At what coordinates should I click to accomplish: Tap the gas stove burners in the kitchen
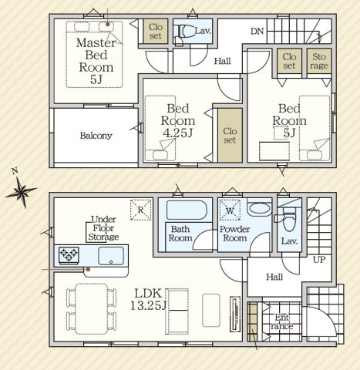[x=69, y=255]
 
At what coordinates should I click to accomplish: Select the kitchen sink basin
[x=111, y=256]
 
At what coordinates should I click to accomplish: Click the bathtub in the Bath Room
[x=187, y=210]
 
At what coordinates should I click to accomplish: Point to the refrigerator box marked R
[x=140, y=210]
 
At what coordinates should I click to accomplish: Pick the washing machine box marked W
[x=230, y=210]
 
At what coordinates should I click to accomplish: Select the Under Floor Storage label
[x=103, y=228]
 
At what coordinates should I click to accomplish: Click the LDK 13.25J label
[x=149, y=299]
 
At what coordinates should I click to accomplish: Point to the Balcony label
[x=96, y=136]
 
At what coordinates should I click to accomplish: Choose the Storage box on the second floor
[x=319, y=61]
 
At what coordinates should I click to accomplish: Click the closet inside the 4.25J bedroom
[x=230, y=135]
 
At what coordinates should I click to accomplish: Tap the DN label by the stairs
[x=257, y=32]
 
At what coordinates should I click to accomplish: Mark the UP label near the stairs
[x=319, y=260]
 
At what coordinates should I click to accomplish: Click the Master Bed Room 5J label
[x=96, y=61]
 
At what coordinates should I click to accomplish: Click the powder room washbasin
[x=259, y=208]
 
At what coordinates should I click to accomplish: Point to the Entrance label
[x=281, y=321]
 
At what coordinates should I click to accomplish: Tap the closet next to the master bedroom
[x=156, y=31]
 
